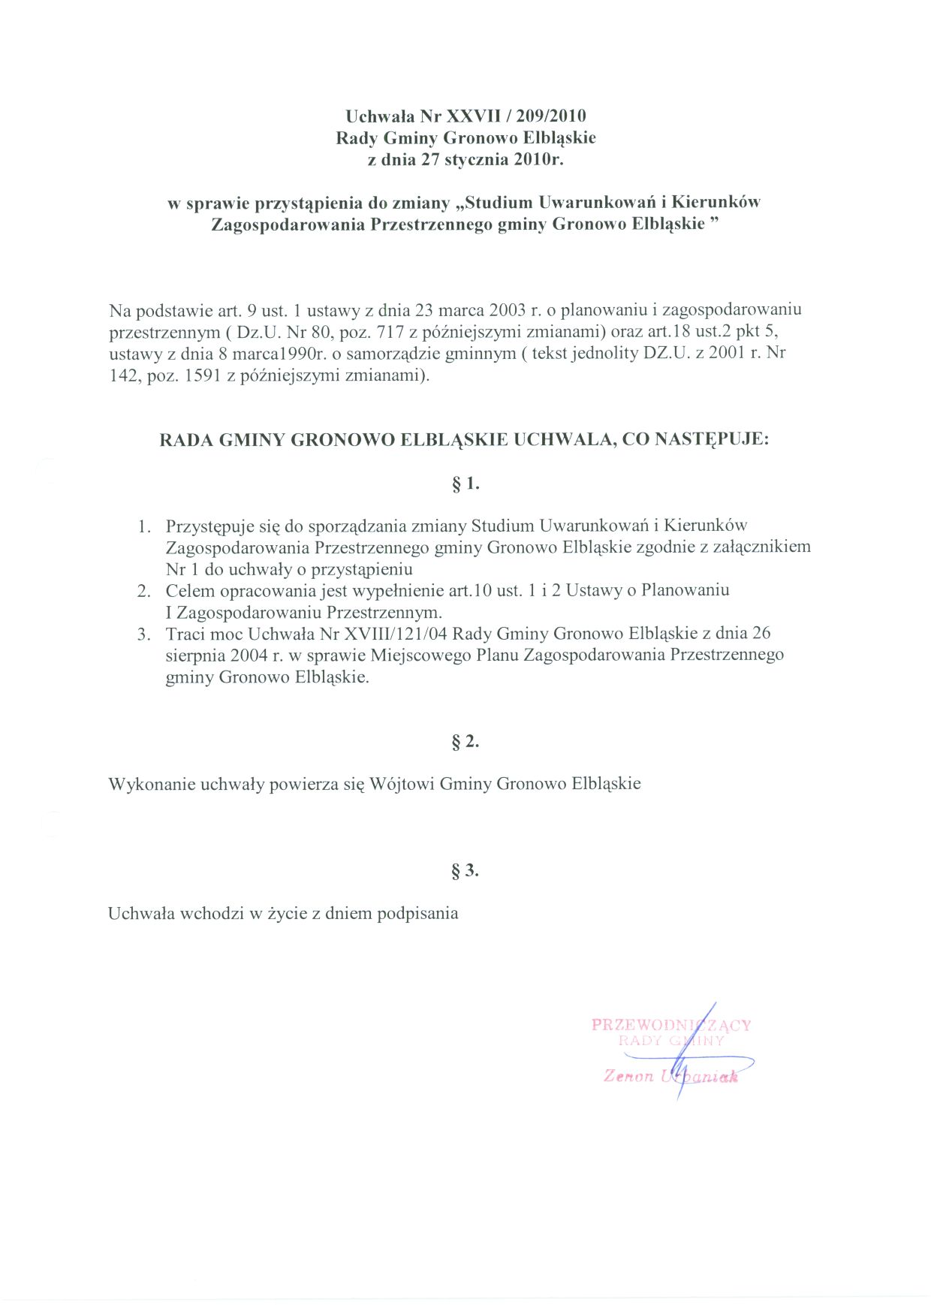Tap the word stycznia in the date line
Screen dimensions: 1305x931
point(477,159)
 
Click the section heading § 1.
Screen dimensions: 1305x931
point(465,484)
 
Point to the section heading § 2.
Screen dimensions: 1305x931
point(465,742)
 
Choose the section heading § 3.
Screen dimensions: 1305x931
point(465,871)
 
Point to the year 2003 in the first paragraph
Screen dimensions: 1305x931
point(507,309)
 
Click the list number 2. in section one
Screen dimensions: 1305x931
point(144,591)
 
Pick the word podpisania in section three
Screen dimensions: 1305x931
point(417,914)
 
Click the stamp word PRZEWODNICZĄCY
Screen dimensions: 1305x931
point(670,1025)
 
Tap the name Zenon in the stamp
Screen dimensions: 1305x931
point(628,1076)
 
